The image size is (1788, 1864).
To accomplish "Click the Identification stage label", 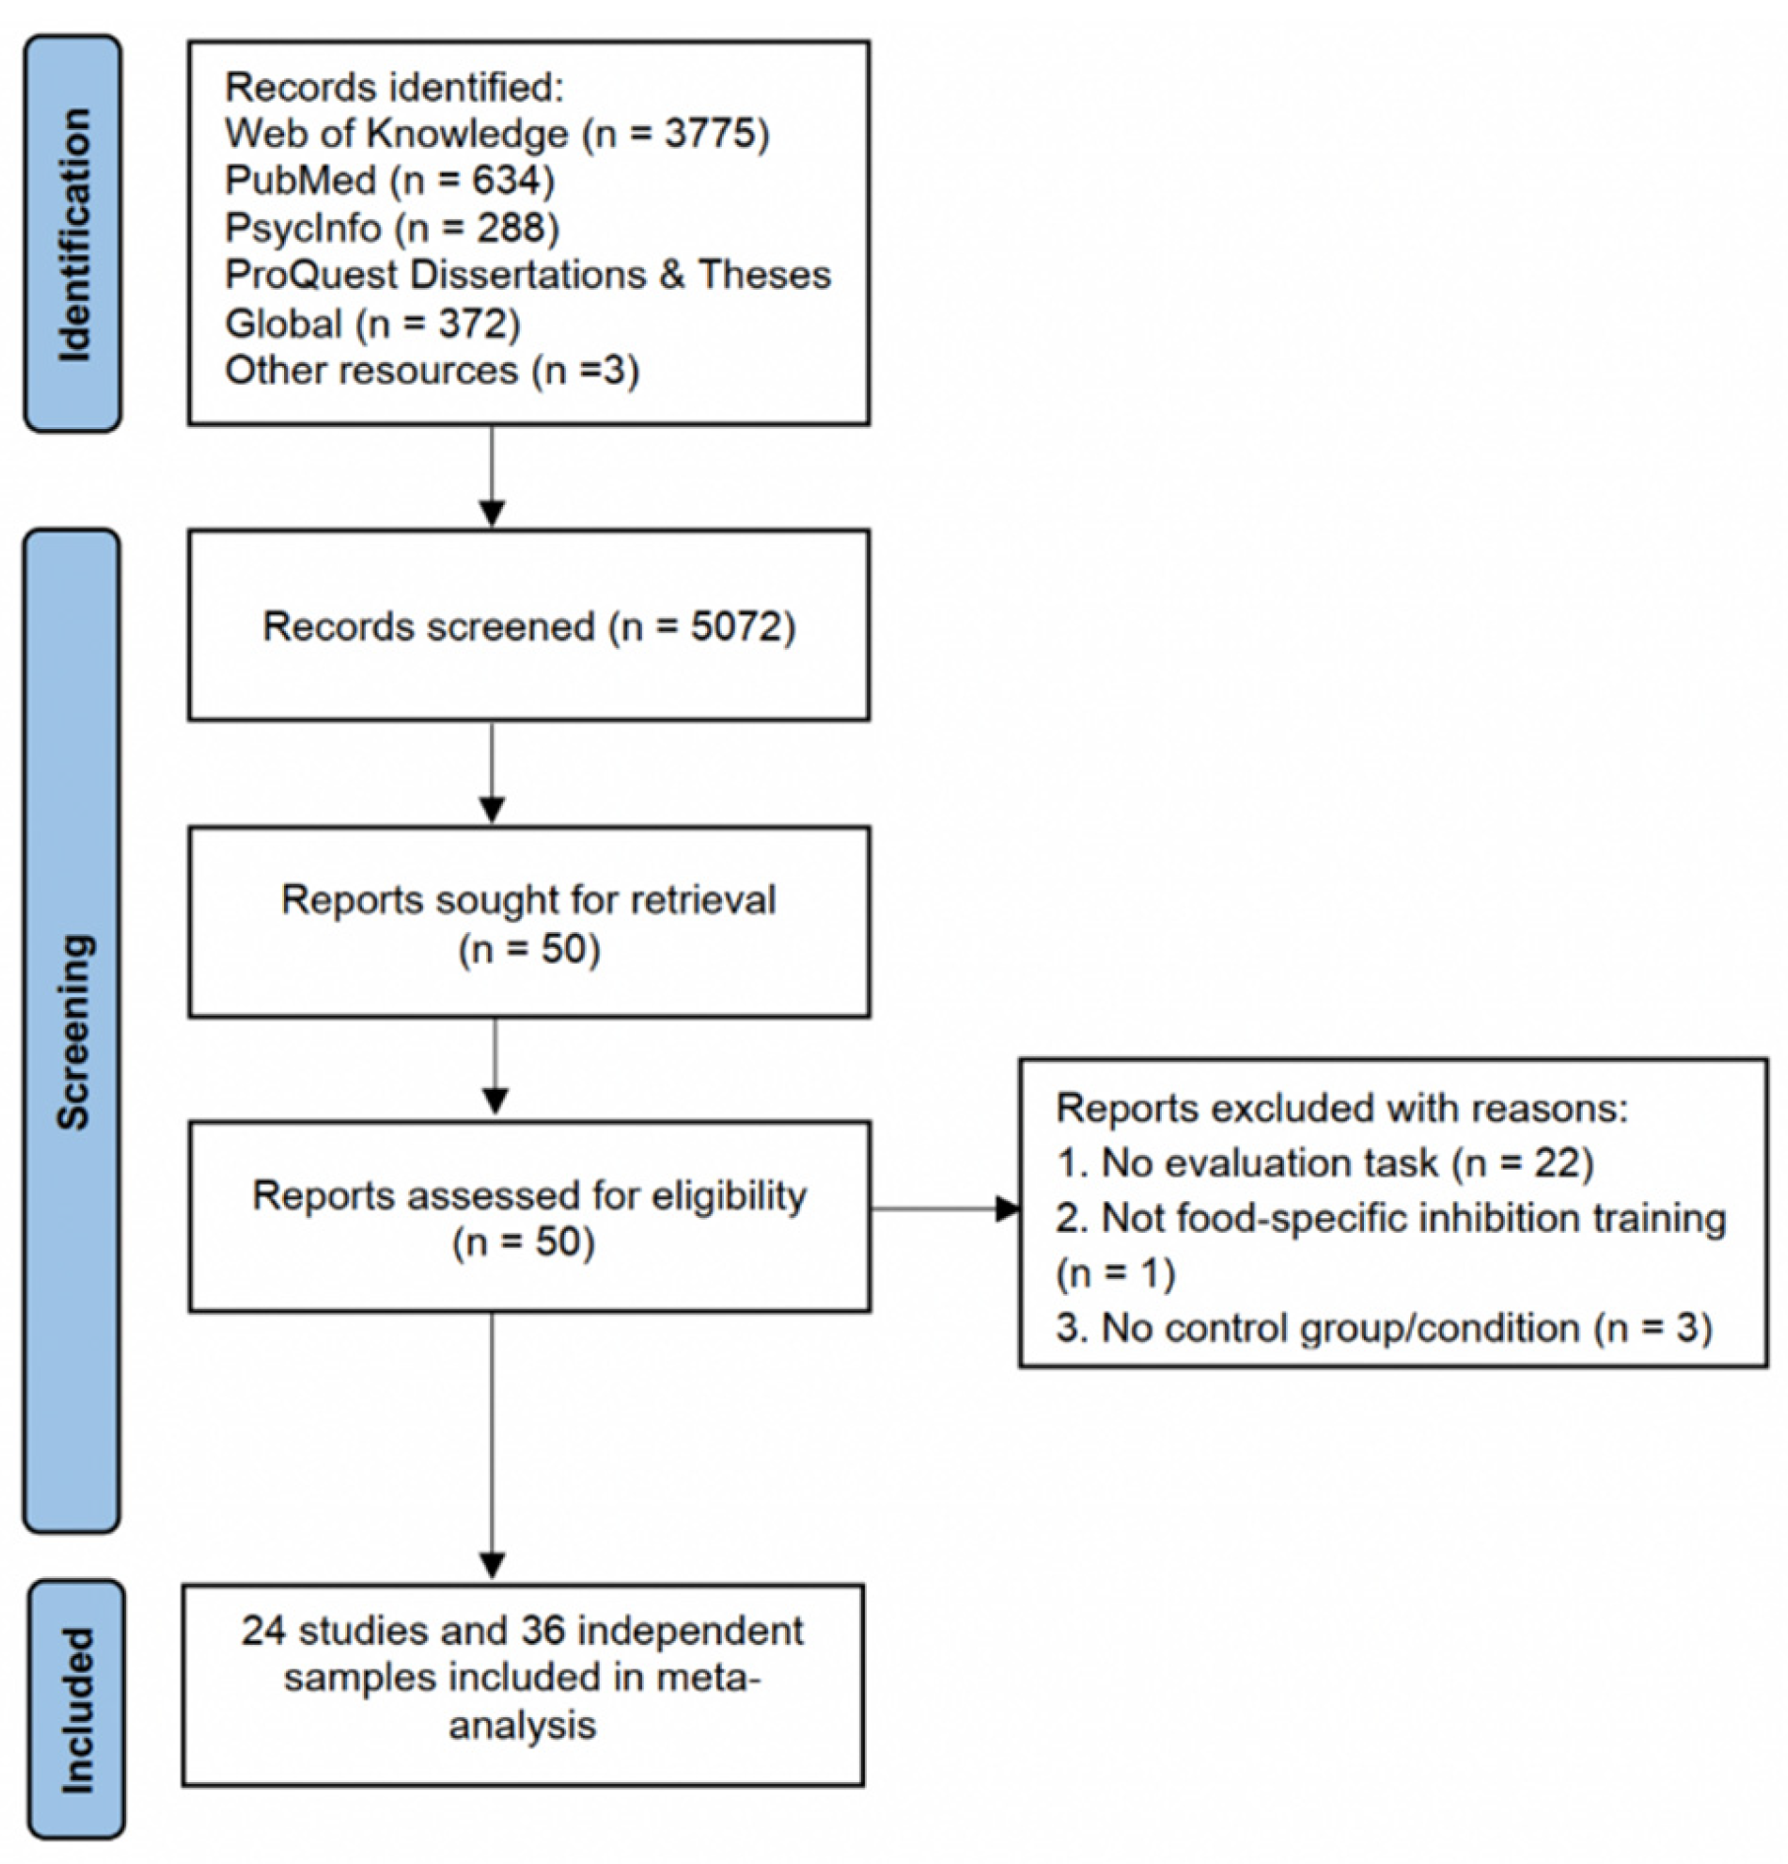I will click(x=74, y=234).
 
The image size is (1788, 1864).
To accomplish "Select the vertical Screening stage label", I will click(x=74, y=1031).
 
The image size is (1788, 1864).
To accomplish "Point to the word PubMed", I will click(x=300, y=180).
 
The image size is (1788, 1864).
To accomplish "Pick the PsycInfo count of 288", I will click(x=511, y=228).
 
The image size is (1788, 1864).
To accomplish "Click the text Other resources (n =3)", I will click(x=431, y=371).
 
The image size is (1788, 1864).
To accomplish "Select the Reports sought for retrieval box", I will click(x=529, y=921).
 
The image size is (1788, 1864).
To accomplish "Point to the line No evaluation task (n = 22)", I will click(x=1324, y=1164).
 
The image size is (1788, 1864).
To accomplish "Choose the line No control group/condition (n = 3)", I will click(x=1384, y=1327).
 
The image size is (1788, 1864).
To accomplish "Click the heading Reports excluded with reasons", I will click(x=1341, y=1109).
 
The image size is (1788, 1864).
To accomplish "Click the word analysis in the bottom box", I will click(x=523, y=1725).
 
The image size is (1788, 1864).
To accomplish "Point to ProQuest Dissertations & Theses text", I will click(x=528, y=275).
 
